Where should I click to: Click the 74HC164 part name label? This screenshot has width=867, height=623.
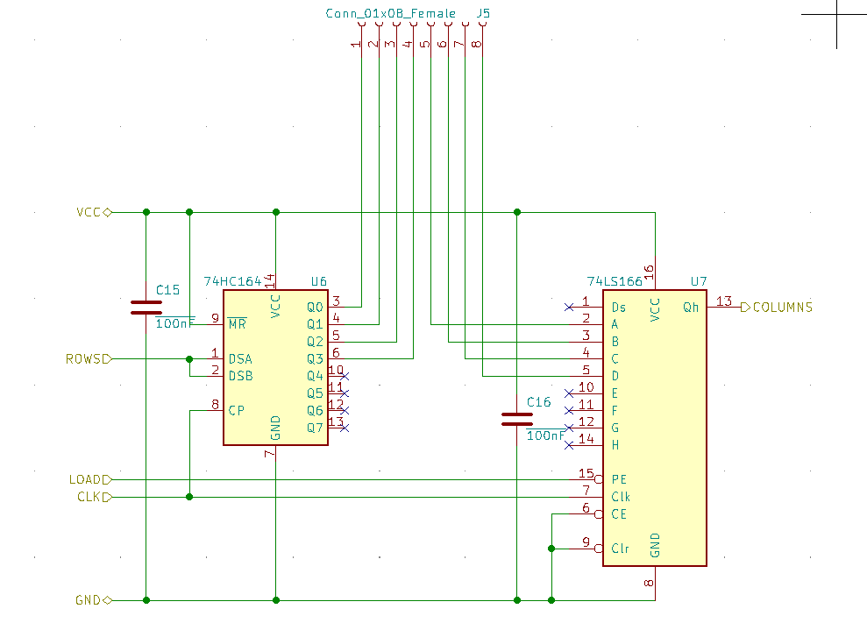point(232,281)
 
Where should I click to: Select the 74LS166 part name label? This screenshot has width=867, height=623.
point(615,281)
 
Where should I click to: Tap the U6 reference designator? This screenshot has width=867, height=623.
point(319,281)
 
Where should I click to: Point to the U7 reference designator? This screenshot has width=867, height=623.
point(699,281)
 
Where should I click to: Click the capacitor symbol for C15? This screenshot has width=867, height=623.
point(146,307)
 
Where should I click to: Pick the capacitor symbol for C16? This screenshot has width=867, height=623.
point(517,419)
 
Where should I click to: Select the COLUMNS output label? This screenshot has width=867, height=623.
point(782,307)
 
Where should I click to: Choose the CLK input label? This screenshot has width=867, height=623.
point(89,497)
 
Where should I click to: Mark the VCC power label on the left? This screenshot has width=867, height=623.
point(89,212)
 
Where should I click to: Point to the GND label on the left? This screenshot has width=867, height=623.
point(89,600)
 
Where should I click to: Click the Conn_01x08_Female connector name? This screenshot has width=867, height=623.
point(390,13)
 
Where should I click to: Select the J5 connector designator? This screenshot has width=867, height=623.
point(482,13)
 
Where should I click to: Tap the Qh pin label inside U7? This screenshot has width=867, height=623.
point(691,307)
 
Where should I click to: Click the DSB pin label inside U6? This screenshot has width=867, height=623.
point(240,376)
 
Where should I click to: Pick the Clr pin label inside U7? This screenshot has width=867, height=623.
point(620,549)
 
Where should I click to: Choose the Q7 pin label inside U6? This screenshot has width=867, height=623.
point(315,428)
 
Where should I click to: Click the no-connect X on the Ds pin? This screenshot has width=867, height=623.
point(569,308)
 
